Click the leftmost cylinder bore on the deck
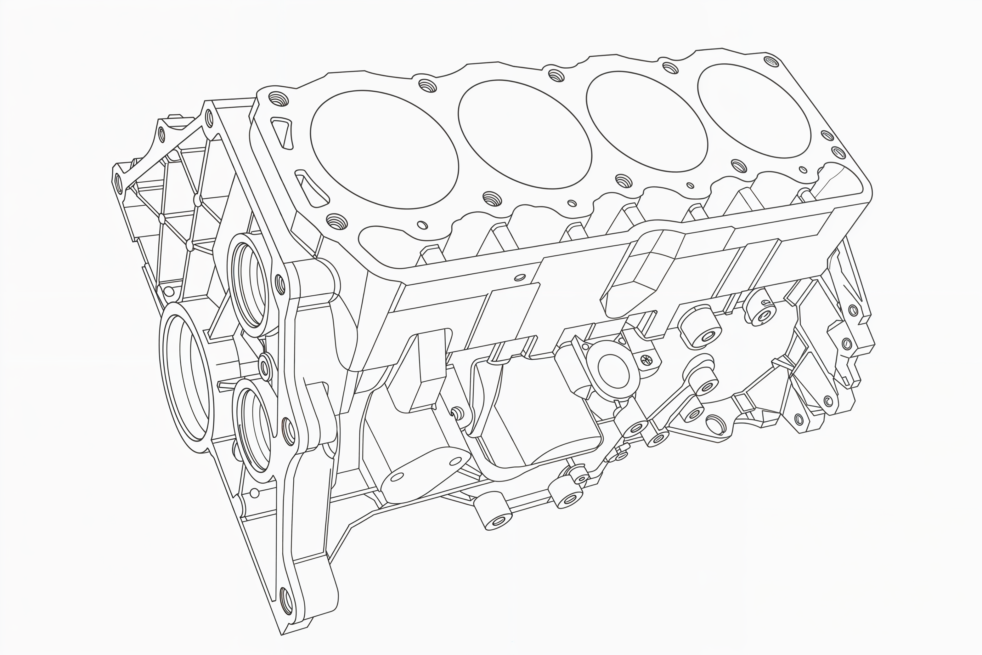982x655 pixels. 384,149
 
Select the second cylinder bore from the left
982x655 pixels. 524,134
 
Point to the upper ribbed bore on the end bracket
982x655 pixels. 250,285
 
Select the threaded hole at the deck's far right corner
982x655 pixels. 771,61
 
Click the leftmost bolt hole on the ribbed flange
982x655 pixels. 118,182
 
